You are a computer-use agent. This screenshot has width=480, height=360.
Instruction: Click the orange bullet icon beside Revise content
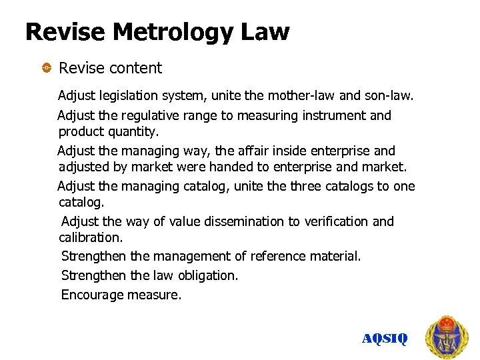click(x=46, y=68)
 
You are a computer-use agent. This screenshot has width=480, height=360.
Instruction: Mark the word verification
click(x=332, y=221)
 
